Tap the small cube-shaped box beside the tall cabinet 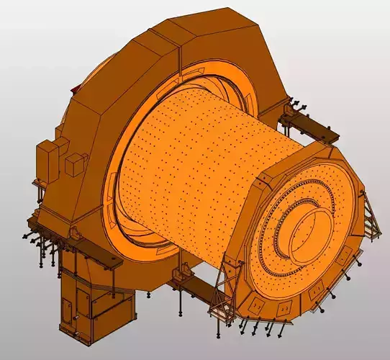point(76,166)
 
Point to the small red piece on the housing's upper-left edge point(74,88)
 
